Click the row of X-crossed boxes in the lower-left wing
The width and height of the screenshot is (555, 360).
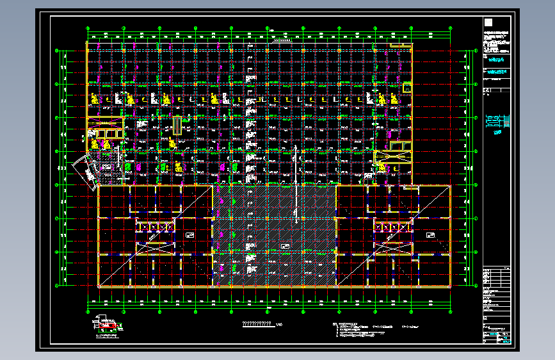click(154, 227)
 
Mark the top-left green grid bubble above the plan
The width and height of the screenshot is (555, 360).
click(88, 28)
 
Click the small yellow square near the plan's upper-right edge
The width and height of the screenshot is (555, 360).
click(406, 87)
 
